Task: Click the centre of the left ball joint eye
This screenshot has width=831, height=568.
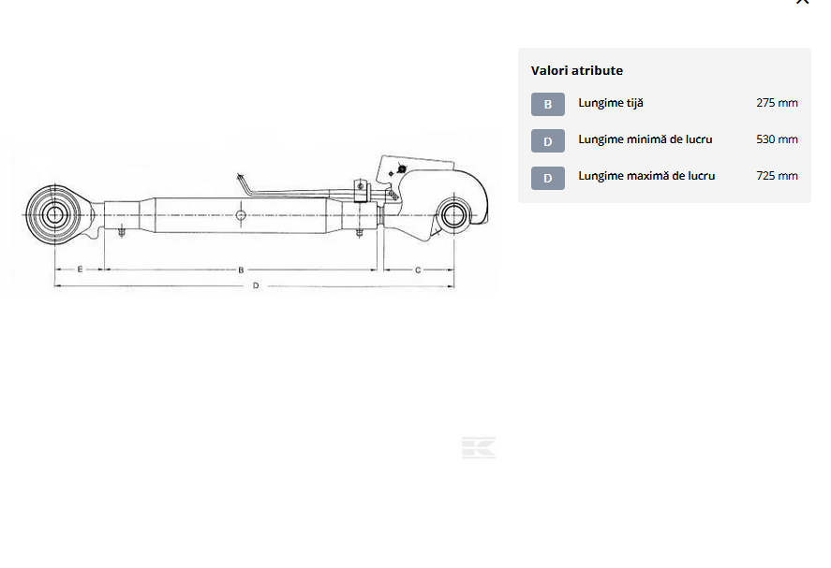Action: (x=54, y=215)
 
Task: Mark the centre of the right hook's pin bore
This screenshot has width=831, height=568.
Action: (x=453, y=215)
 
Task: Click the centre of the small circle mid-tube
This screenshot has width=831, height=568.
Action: (x=241, y=215)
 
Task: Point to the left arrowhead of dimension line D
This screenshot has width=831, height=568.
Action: (x=57, y=285)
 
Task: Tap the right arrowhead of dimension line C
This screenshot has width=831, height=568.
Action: (x=451, y=269)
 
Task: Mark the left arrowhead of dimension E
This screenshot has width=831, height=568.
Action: (x=58, y=269)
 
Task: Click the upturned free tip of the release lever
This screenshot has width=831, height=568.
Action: (x=240, y=176)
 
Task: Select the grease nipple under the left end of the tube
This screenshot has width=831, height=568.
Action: (x=122, y=232)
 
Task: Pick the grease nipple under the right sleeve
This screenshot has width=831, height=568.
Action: (x=360, y=232)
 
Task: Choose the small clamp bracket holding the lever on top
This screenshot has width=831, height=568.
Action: (x=361, y=190)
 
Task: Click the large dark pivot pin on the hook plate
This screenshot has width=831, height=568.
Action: (x=402, y=169)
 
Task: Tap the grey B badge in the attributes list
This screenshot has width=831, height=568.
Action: (x=548, y=104)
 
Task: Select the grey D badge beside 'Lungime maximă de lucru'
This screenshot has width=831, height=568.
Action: (x=548, y=178)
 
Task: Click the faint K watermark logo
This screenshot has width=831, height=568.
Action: (x=479, y=447)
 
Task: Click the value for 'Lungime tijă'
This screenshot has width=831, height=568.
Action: (x=777, y=103)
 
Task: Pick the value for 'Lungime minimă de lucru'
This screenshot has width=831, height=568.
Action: (x=777, y=139)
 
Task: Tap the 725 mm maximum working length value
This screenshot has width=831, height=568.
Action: (x=777, y=176)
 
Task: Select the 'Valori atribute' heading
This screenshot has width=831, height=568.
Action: (x=576, y=70)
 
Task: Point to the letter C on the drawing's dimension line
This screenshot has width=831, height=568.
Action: (x=418, y=270)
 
